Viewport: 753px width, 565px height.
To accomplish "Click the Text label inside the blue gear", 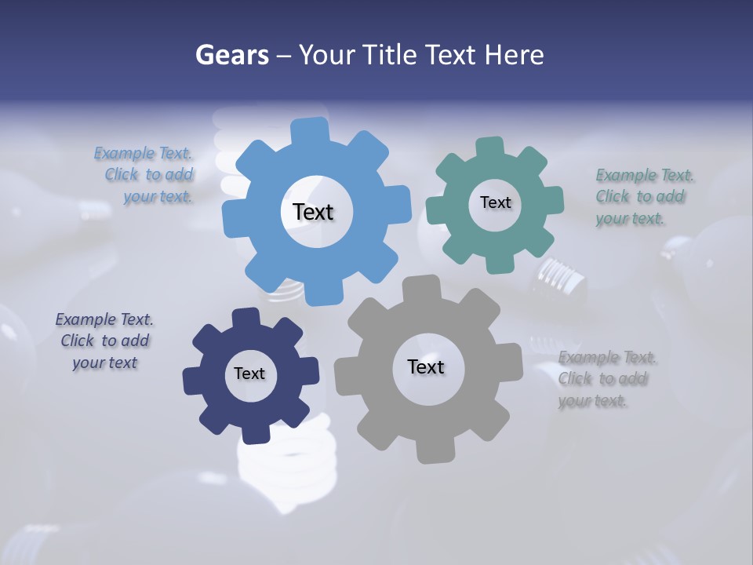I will [x=313, y=212].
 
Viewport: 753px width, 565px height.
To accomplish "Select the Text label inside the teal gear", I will [x=495, y=202].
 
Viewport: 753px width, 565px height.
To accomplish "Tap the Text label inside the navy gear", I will [x=249, y=374].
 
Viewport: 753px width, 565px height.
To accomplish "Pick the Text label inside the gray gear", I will [x=426, y=366].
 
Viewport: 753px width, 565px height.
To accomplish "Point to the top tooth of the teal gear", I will [x=489, y=147].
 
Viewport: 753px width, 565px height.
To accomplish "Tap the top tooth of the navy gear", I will [x=246, y=317].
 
